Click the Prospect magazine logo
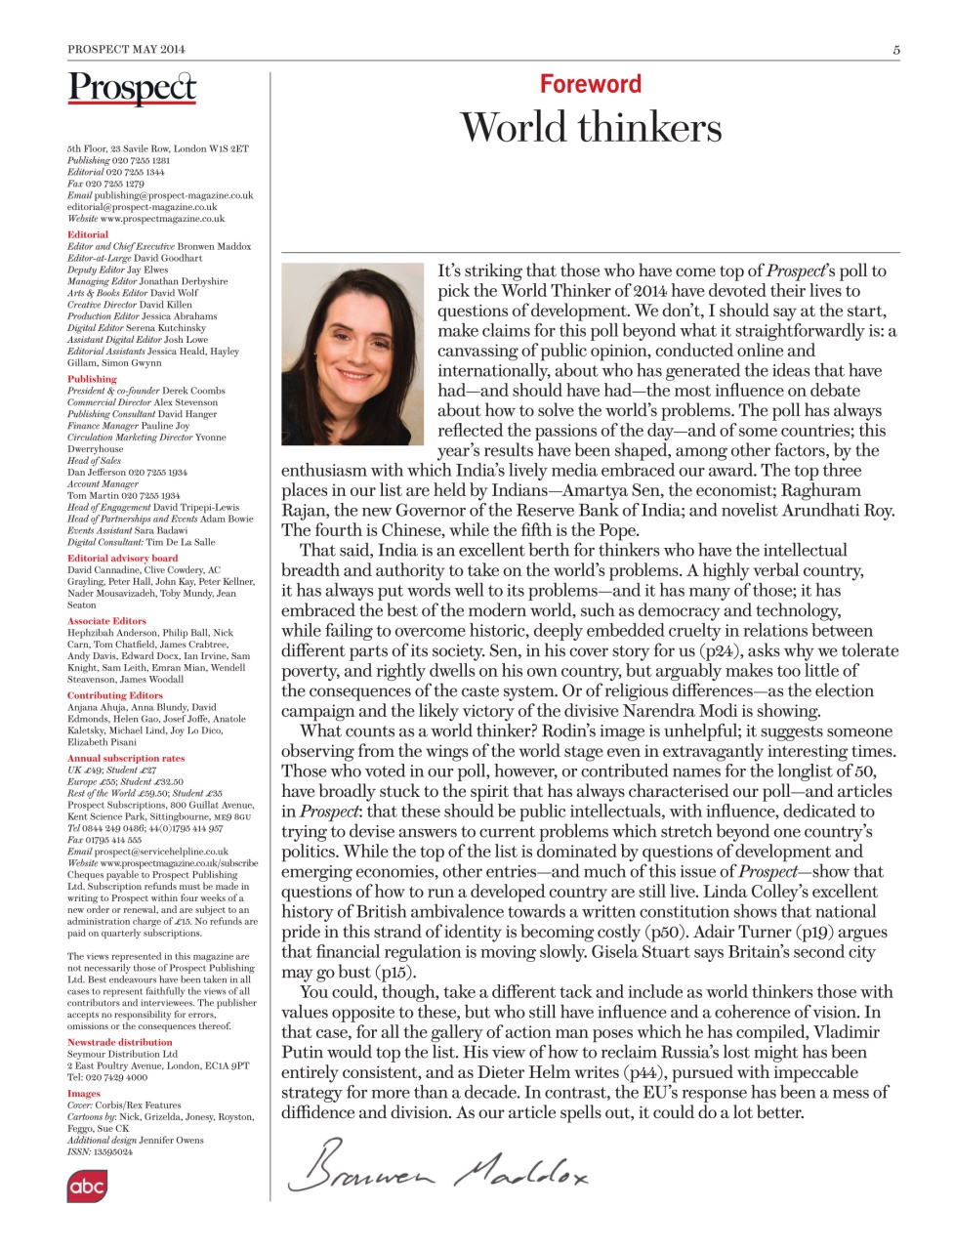(132, 88)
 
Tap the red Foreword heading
(591, 84)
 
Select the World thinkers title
(591, 128)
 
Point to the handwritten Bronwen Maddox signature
(439, 1167)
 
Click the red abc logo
(87, 1186)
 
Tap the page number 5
(895, 50)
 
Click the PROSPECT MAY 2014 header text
(126, 49)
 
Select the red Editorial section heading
(88, 234)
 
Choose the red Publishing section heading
(92, 379)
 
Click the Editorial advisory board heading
(122, 558)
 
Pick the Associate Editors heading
(106, 620)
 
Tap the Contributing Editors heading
(114, 695)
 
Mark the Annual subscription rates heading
(126, 758)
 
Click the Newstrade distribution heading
(119, 1042)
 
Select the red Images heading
(84, 1094)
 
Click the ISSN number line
(100, 1151)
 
